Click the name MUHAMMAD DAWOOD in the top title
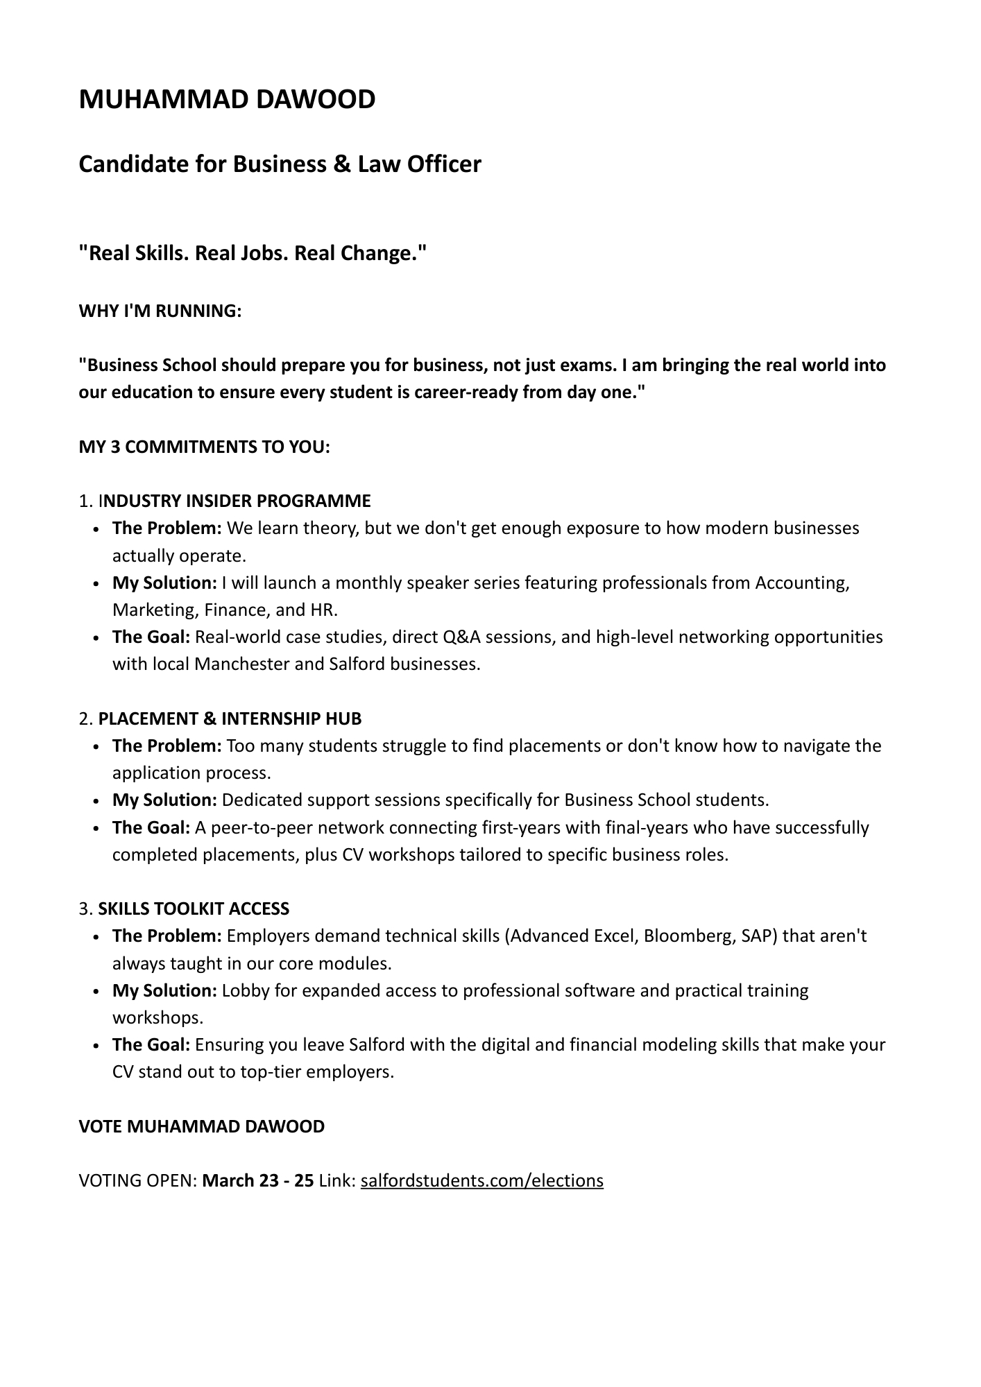pyautogui.click(x=227, y=100)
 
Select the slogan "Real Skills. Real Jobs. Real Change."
pyautogui.click(x=253, y=254)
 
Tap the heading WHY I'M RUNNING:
pyautogui.click(x=160, y=311)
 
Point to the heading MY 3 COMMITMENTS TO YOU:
pyautogui.click(x=204, y=447)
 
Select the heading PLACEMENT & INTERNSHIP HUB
pyautogui.click(x=230, y=718)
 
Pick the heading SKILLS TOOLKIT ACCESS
pyautogui.click(x=194, y=908)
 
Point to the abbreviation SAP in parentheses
pyautogui.click(x=760, y=936)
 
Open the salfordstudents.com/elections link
pyautogui.click(x=481, y=1180)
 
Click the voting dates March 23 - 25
pyautogui.click(x=257, y=1180)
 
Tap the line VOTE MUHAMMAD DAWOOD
pyautogui.click(x=201, y=1126)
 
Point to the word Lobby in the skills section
pyautogui.click(x=246, y=990)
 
